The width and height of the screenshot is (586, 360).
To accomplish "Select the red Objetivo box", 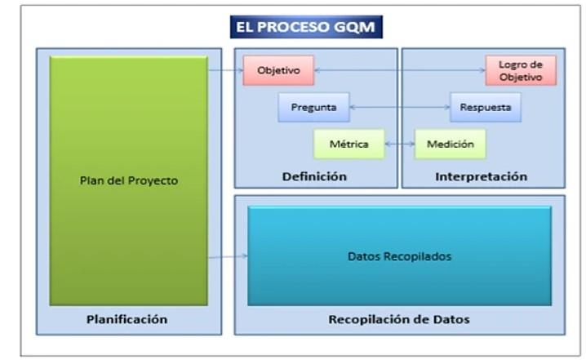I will (278, 71).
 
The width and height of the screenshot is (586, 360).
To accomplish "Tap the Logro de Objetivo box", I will (521, 70).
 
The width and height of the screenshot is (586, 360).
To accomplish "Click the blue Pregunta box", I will (313, 107).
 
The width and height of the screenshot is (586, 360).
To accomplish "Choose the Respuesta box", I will (486, 107).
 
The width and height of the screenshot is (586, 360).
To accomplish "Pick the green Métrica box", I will (349, 144).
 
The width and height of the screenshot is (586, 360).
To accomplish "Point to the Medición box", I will (450, 144).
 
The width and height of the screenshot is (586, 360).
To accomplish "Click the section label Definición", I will (315, 176).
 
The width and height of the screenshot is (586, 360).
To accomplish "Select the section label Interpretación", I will (481, 176).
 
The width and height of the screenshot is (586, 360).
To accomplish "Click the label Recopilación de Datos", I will (399, 319).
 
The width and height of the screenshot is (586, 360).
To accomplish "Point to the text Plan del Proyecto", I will (128, 180).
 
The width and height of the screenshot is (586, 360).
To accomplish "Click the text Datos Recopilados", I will (399, 256).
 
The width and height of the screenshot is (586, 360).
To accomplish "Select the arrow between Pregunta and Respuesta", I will (399, 107).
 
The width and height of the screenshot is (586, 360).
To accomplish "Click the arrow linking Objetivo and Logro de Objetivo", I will (399, 71).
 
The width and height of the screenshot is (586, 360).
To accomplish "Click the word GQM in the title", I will (360, 26).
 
